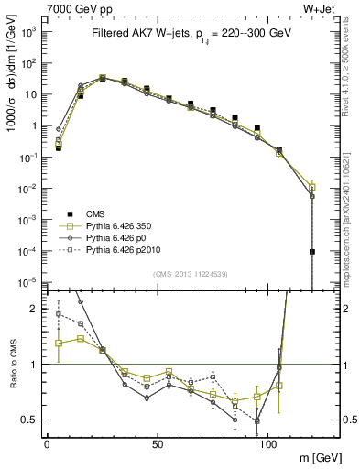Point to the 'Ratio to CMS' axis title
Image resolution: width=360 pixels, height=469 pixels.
(12, 364)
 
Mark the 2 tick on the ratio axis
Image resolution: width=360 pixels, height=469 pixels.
(34, 310)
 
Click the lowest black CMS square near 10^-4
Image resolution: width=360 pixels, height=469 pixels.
(312, 252)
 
